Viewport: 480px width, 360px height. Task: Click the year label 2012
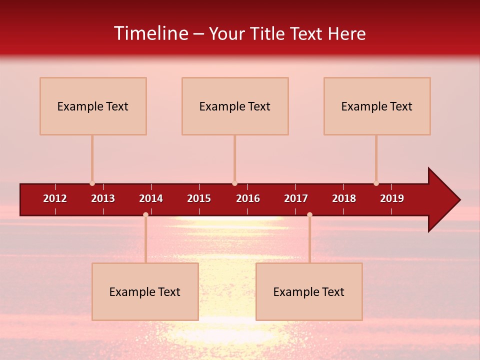coord(55,198)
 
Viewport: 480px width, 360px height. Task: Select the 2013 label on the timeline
coord(103,198)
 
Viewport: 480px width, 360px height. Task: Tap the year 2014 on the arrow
coord(151,198)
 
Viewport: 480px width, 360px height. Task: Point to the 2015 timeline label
coord(199,198)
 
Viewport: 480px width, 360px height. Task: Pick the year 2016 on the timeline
coord(248,198)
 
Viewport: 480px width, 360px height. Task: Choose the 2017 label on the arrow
coord(296,198)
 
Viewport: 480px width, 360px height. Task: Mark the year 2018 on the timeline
coord(344,198)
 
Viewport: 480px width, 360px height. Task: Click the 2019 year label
coord(392,198)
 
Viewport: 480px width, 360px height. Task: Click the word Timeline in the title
coord(151,33)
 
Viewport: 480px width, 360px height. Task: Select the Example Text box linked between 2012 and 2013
coord(93,106)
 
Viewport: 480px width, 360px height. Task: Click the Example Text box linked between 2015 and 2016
coord(235,106)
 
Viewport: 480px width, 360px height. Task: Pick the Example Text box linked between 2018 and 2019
coord(377,106)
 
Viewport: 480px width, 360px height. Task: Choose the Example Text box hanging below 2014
coord(145,292)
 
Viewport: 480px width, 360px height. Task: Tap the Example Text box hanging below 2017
coord(309,292)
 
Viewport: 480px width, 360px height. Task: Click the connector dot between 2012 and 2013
coord(92,183)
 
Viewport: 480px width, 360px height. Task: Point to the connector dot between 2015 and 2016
coord(234,183)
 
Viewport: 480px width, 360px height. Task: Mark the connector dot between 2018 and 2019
coord(376,183)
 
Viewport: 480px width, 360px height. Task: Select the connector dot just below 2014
coord(145,214)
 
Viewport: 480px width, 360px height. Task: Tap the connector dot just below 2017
coord(309,214)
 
